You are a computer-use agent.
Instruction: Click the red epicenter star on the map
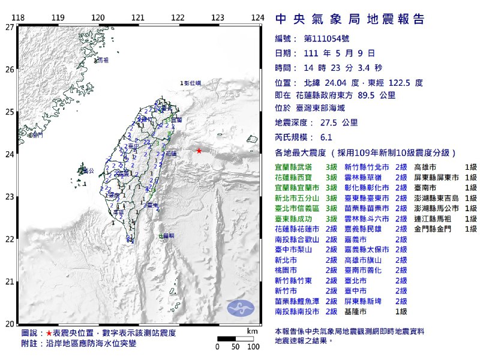click(199, 151)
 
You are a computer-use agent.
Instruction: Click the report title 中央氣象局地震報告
click(350, 19)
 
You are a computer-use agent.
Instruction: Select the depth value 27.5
click(329, 122)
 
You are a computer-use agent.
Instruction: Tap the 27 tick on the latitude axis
click(10, 27)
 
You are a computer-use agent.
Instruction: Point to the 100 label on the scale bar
click(253, 347)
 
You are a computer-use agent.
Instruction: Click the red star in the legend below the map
click(49, 333)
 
